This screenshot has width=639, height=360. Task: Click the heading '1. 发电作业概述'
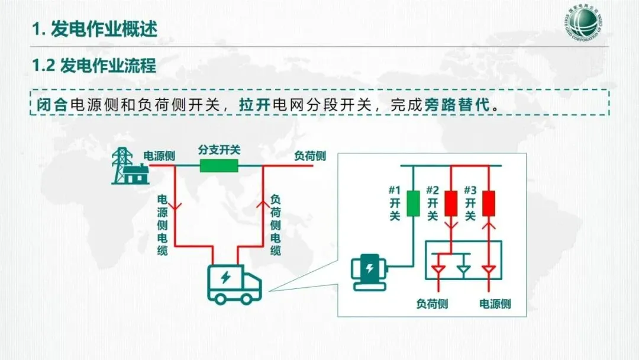coord(95,29)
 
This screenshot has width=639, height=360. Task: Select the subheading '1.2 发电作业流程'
coord(94,66)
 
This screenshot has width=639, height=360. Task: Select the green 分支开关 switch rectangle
coord(219,165)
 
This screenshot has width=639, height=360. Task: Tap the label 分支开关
coord(219,150)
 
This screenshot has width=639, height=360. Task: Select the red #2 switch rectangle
coord(452,202)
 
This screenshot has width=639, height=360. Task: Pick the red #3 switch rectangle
coord(489,202)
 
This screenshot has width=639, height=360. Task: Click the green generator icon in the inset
coord(368,272)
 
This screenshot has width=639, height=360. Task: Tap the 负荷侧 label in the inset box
coord(432,304)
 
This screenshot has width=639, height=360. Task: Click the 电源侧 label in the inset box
coord(495,304)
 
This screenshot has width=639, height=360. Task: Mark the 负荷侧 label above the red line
coord(310,156)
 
